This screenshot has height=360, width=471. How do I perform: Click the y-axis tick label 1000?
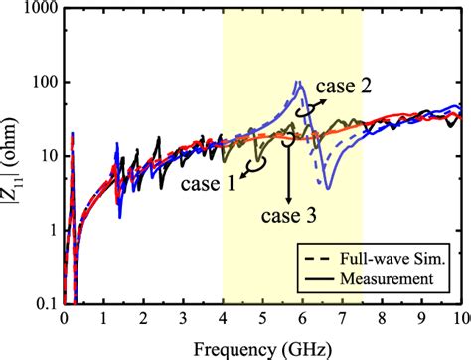point(37,9)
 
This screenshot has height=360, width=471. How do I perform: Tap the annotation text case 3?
point(290,214)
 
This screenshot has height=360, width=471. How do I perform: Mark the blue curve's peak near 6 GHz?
point(300,83)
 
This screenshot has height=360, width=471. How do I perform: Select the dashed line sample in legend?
point(324,258)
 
